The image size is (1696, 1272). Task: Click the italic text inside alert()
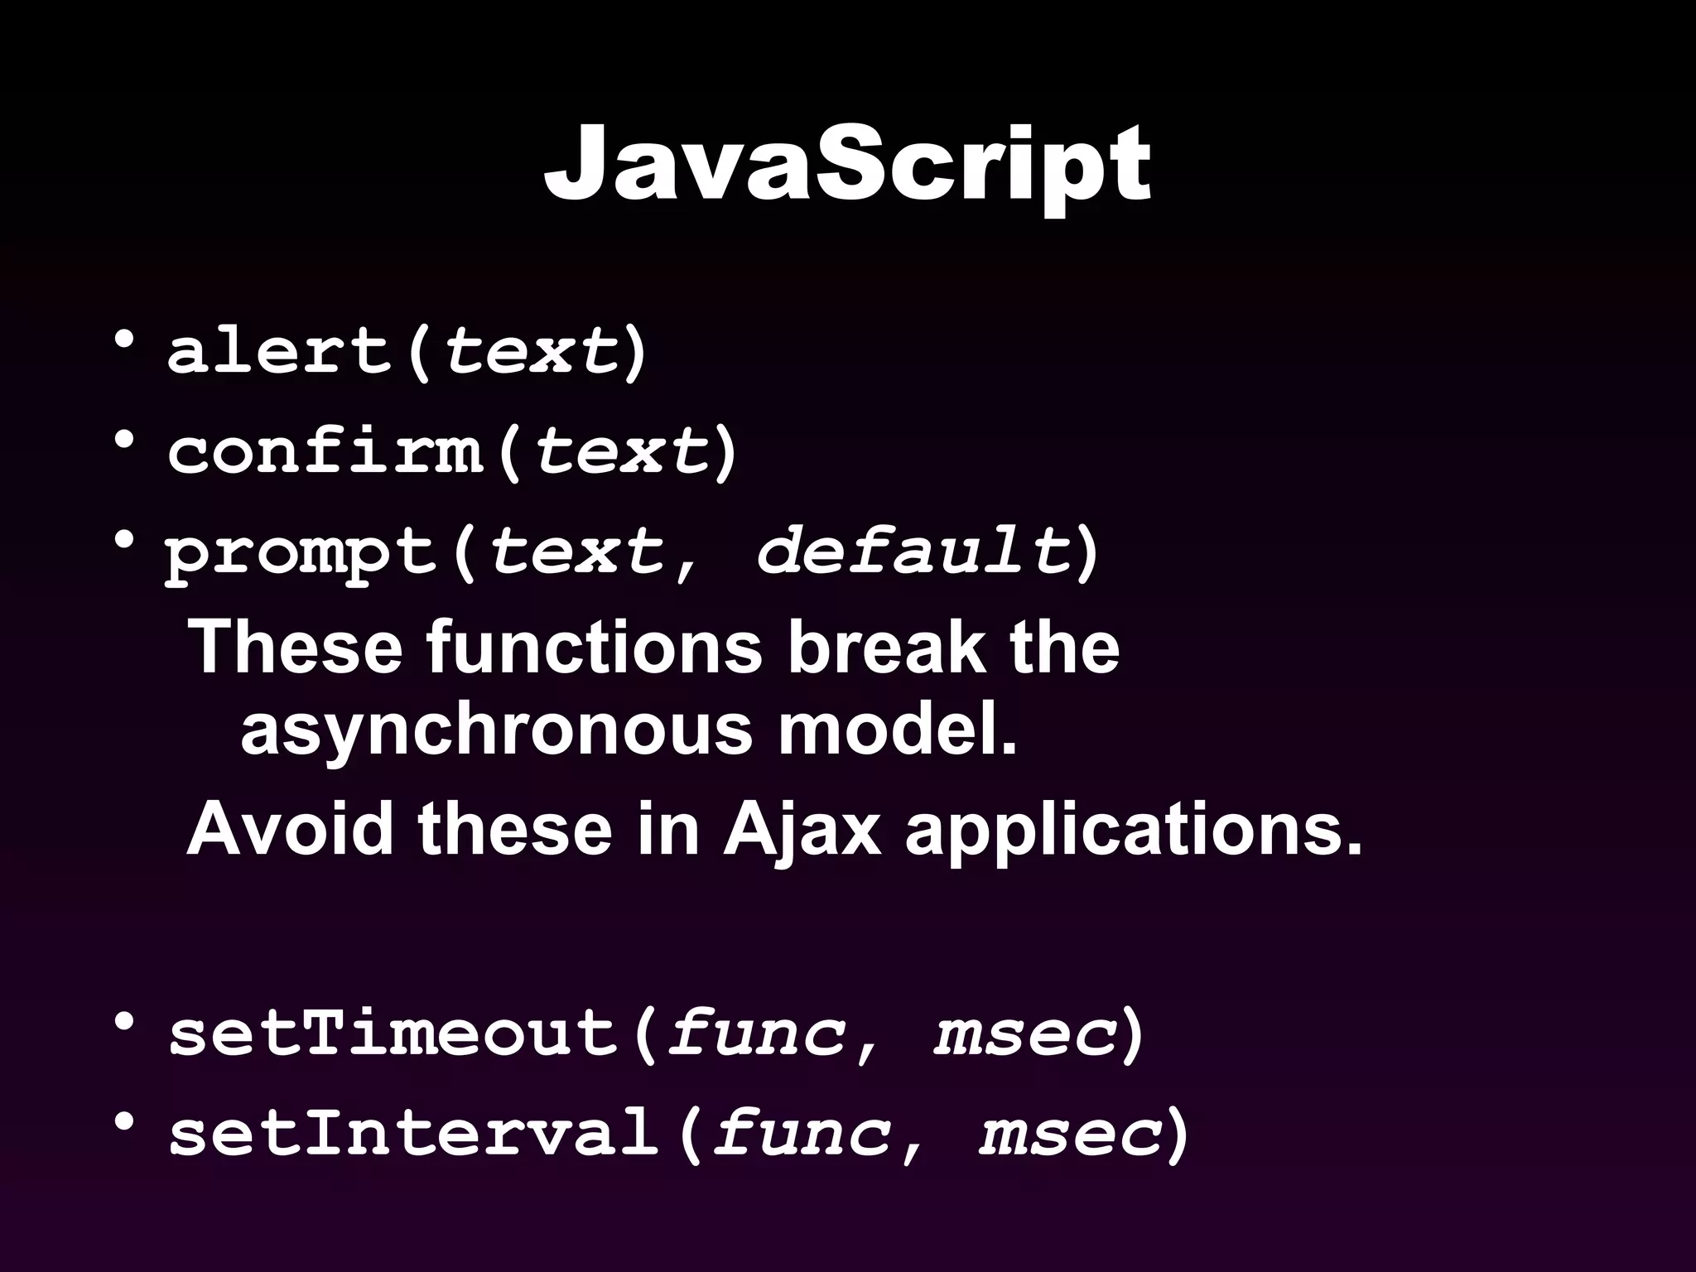(530, 351)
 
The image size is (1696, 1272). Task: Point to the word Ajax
(802, 830)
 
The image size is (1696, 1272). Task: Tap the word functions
(594, 646)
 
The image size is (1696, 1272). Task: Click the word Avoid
(290, 830)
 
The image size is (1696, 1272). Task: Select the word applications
(1133, 831)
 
